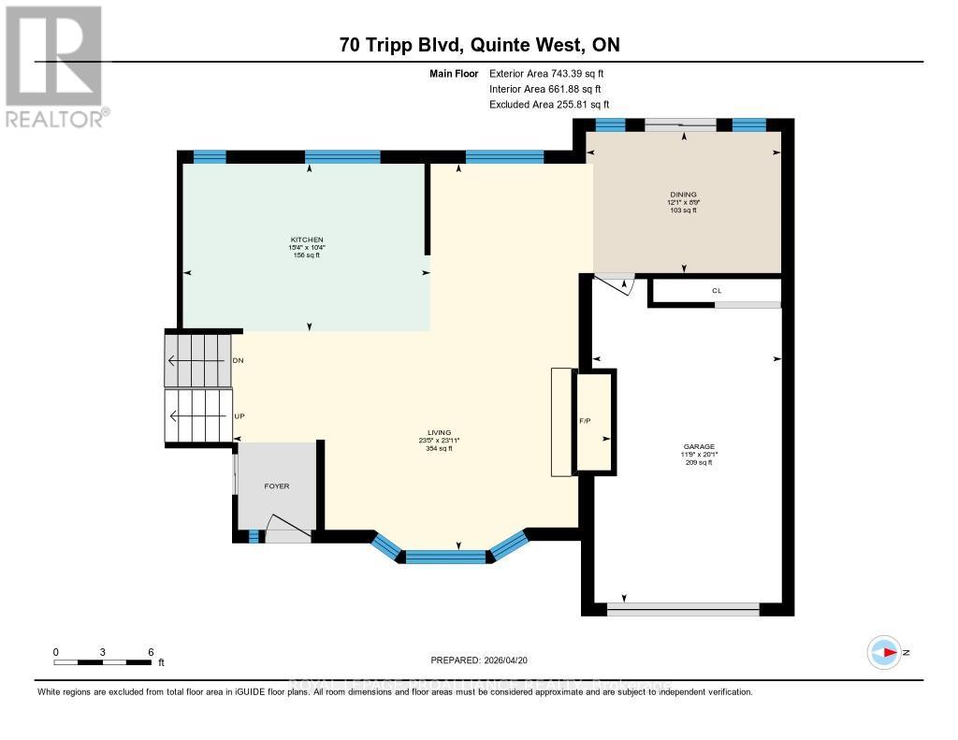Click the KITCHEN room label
pyautogui.click(x=307, y=239)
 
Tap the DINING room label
pyautogui.click(x=682, y=196)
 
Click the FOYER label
pyautogui.click(x=276, y=486)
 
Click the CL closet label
pyautogui.click(x=717, y=291)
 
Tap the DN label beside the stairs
pyautogui.click(x=238, y=360)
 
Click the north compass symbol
pyautogui.click(x=884, y=652)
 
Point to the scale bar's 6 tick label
pyautogui.click(x=150, y=651)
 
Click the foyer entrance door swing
pyautogui.click(x=285, y=529)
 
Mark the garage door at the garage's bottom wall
pyautogui.click(x=683, y=609)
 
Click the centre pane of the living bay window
pyautogui.click(x=447, y=557)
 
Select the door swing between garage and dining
pyautogui.click(x=617, y=283)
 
